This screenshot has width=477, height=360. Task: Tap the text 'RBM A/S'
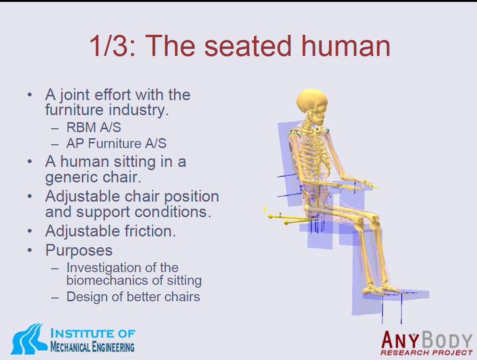[x=94, y=127]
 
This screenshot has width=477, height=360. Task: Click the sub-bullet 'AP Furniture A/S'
[x=117, y=143]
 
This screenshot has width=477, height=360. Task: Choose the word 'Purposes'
[x=79, y=250]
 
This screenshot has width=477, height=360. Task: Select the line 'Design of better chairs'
[x=133, y=297]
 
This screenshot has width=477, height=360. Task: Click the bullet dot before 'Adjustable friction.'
[x=30, y=231]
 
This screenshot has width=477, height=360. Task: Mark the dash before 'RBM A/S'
[x=55, y=129]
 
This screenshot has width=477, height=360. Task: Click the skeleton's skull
[x=312, y=105]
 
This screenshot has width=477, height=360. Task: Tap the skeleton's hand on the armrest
[x=368, y=183]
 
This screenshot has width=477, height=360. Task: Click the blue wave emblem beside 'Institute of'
[x=29, y=339]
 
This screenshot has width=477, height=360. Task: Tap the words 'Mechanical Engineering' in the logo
[x=92, y=347]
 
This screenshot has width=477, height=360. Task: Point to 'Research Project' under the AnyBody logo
[x=426, y=352]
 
